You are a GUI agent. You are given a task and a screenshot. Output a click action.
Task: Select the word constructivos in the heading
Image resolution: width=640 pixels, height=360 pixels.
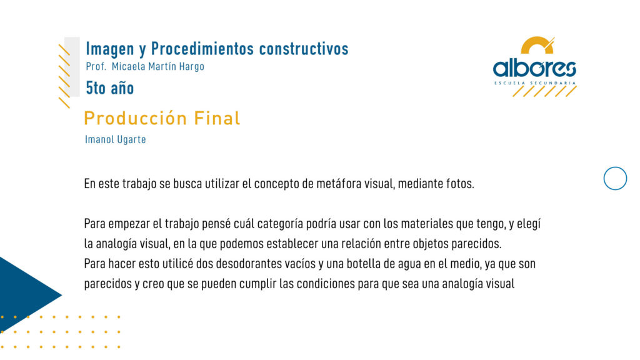[304, 49]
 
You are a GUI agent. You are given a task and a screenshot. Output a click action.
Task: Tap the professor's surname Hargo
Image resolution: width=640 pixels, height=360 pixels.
[191, 66]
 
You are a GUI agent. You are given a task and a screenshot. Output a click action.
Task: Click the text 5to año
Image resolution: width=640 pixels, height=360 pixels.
[110, 88]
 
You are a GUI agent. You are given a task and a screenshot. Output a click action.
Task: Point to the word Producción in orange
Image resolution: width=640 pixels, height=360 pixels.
[136, 118]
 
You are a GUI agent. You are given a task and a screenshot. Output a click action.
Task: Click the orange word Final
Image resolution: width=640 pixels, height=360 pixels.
[217, 118]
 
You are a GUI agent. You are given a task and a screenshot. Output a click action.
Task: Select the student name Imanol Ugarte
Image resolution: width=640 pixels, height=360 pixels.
[116, 139]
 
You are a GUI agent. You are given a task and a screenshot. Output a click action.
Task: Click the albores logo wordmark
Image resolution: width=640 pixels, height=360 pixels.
[534, 68]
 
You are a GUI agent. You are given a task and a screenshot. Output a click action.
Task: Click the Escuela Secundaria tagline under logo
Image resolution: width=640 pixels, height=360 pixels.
[535, 83]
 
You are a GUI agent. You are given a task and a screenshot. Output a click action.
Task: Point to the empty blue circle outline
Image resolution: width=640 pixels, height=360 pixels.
[615, 167]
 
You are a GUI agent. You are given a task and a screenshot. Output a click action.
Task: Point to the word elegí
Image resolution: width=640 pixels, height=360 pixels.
[529, 224]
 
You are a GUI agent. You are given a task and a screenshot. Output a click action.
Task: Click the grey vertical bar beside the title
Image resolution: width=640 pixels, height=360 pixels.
[72, 67]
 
